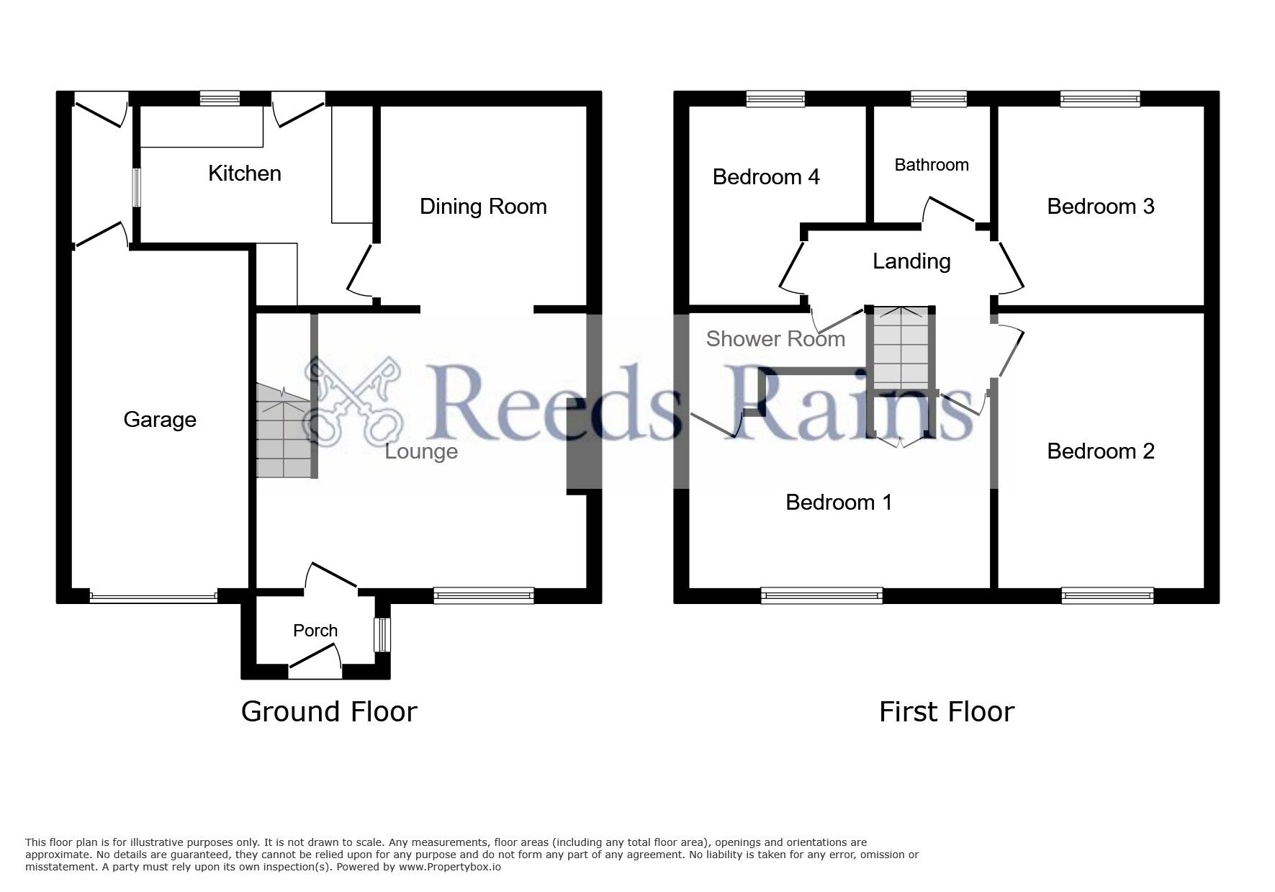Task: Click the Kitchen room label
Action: (245, 174)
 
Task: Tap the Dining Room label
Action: (483, 207)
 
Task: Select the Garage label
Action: (160, 420)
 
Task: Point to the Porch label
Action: (315, 631)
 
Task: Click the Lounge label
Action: (421, 452)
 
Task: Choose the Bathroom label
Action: (932, 165)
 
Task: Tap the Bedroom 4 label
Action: (766, 177)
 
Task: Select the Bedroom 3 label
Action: (1101, 207)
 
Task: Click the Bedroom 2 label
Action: (1101, 451)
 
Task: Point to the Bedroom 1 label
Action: (839, 503)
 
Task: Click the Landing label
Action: (911, 261)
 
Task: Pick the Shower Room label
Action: (775, 339)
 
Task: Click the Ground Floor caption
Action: (329, 712)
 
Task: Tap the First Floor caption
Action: (947, 712)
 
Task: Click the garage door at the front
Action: (153, 596)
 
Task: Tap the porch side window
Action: (382, 635)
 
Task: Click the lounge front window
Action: (484, 595)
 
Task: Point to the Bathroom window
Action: (939, 99)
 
